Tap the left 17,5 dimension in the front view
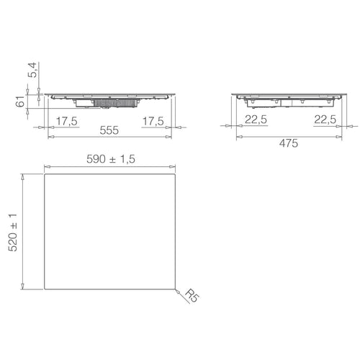[x=66, y=120]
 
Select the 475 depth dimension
[x=287, y=143]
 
